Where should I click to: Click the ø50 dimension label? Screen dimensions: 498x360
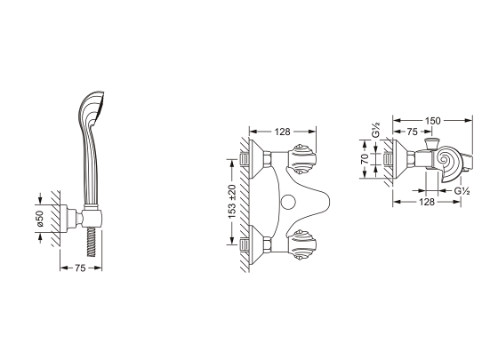[40, 218]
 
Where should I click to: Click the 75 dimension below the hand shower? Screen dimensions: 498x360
[80, 268]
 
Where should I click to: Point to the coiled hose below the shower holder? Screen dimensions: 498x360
[91, 242]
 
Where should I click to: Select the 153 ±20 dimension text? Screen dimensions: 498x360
[232, 201]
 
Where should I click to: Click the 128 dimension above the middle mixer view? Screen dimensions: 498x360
[283, 132]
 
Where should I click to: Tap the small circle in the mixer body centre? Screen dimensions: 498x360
[289, 202]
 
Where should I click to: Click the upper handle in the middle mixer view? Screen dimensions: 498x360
[301, 159]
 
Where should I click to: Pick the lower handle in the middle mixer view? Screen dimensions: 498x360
[301, 244]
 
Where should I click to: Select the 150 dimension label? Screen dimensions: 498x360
[433, 121]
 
